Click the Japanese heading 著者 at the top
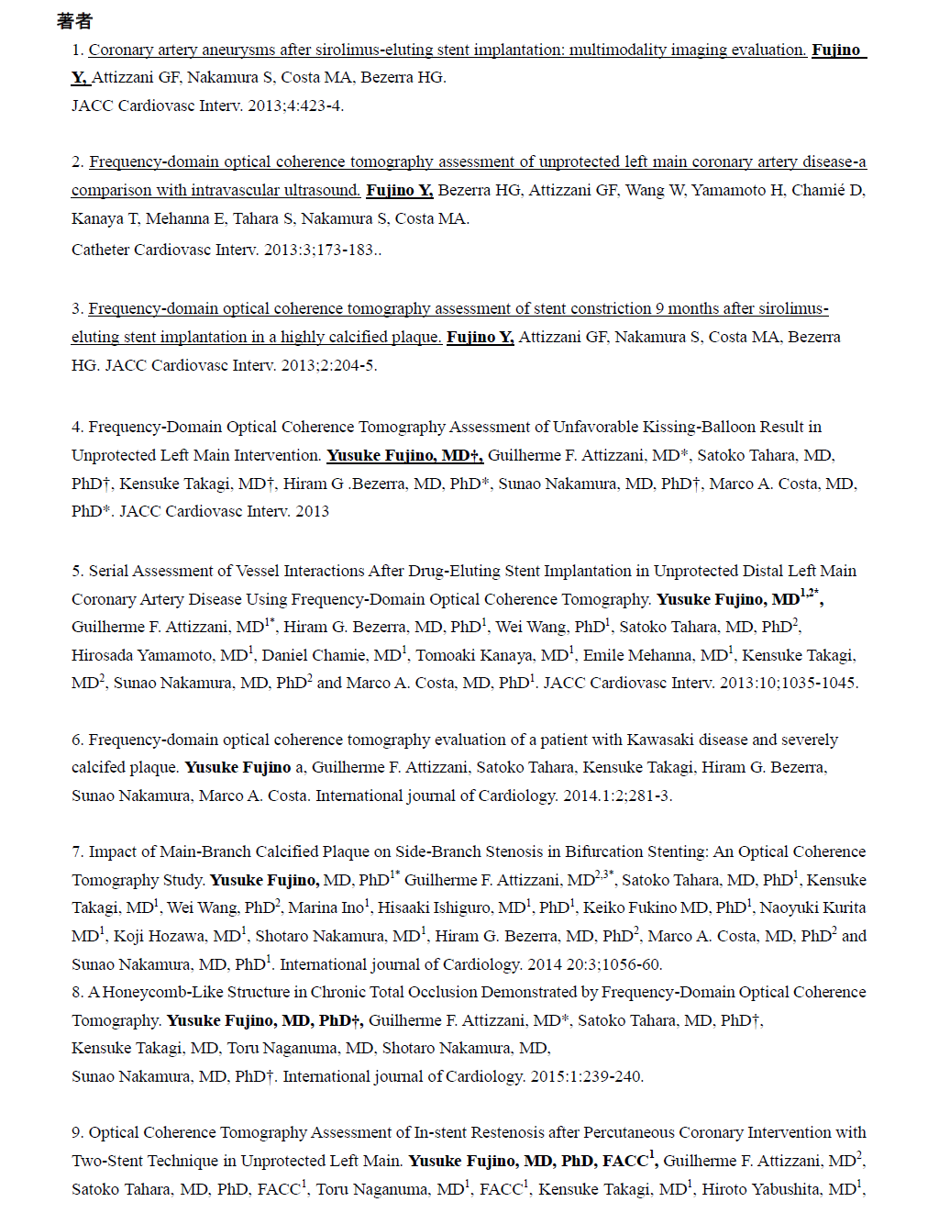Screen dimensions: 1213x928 click(x=74, y=20)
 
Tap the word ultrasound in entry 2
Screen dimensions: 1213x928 click(x=324, y=190)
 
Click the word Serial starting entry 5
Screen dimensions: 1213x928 click(x=108, y=571)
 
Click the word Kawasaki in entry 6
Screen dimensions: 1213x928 click(x=659, y=740)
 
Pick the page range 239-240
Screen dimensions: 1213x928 click(x=613, y=1076)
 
